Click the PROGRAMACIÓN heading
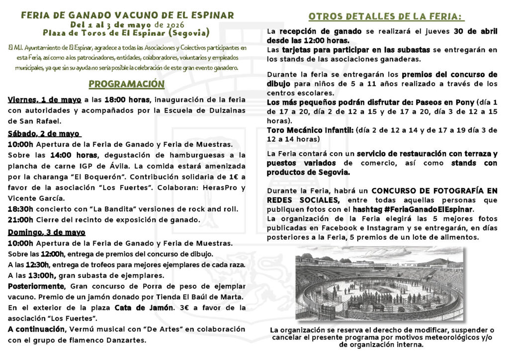(x=126, y=84)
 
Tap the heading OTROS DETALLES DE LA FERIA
(x=386, y=16)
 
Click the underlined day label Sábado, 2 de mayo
(x=44, y=133)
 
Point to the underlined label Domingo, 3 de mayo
(x=46, y=232)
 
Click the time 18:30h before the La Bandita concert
(x=20, y=209)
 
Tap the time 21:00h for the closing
(x=20, y=220)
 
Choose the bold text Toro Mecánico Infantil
(x=310, y=130)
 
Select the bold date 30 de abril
(x=476, y=31)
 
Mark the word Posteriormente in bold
(x=36, y=286)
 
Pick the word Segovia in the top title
(x=186, y=33)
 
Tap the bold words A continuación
(x=36, y=330)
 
